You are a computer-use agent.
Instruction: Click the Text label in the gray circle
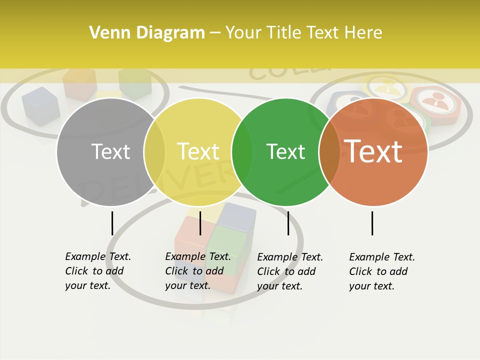pos(110,151)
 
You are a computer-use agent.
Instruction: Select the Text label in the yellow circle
pos(198,151)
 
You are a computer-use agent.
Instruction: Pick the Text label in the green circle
pos(286,151)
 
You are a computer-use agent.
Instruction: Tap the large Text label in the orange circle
pos(373,151)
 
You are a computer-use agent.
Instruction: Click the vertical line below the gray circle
pos(112,223)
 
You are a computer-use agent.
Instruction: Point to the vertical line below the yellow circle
pos(200,223)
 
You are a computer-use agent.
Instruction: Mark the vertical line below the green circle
pos(288,223)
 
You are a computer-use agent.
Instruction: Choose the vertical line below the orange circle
pos(372,223)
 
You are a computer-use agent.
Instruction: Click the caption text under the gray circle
pos(97,271)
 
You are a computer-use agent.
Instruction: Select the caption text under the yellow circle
pos(197,271)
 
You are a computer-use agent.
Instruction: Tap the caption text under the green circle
pos(289,271)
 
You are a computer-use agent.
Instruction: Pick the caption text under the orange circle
pos(381,271)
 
